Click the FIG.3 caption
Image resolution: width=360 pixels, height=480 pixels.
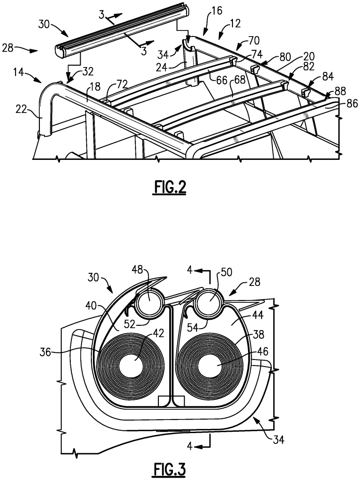point(170,469)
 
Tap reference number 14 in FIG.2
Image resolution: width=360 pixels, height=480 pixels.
point(19,74)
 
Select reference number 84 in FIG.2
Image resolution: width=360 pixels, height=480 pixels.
point(328,76)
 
